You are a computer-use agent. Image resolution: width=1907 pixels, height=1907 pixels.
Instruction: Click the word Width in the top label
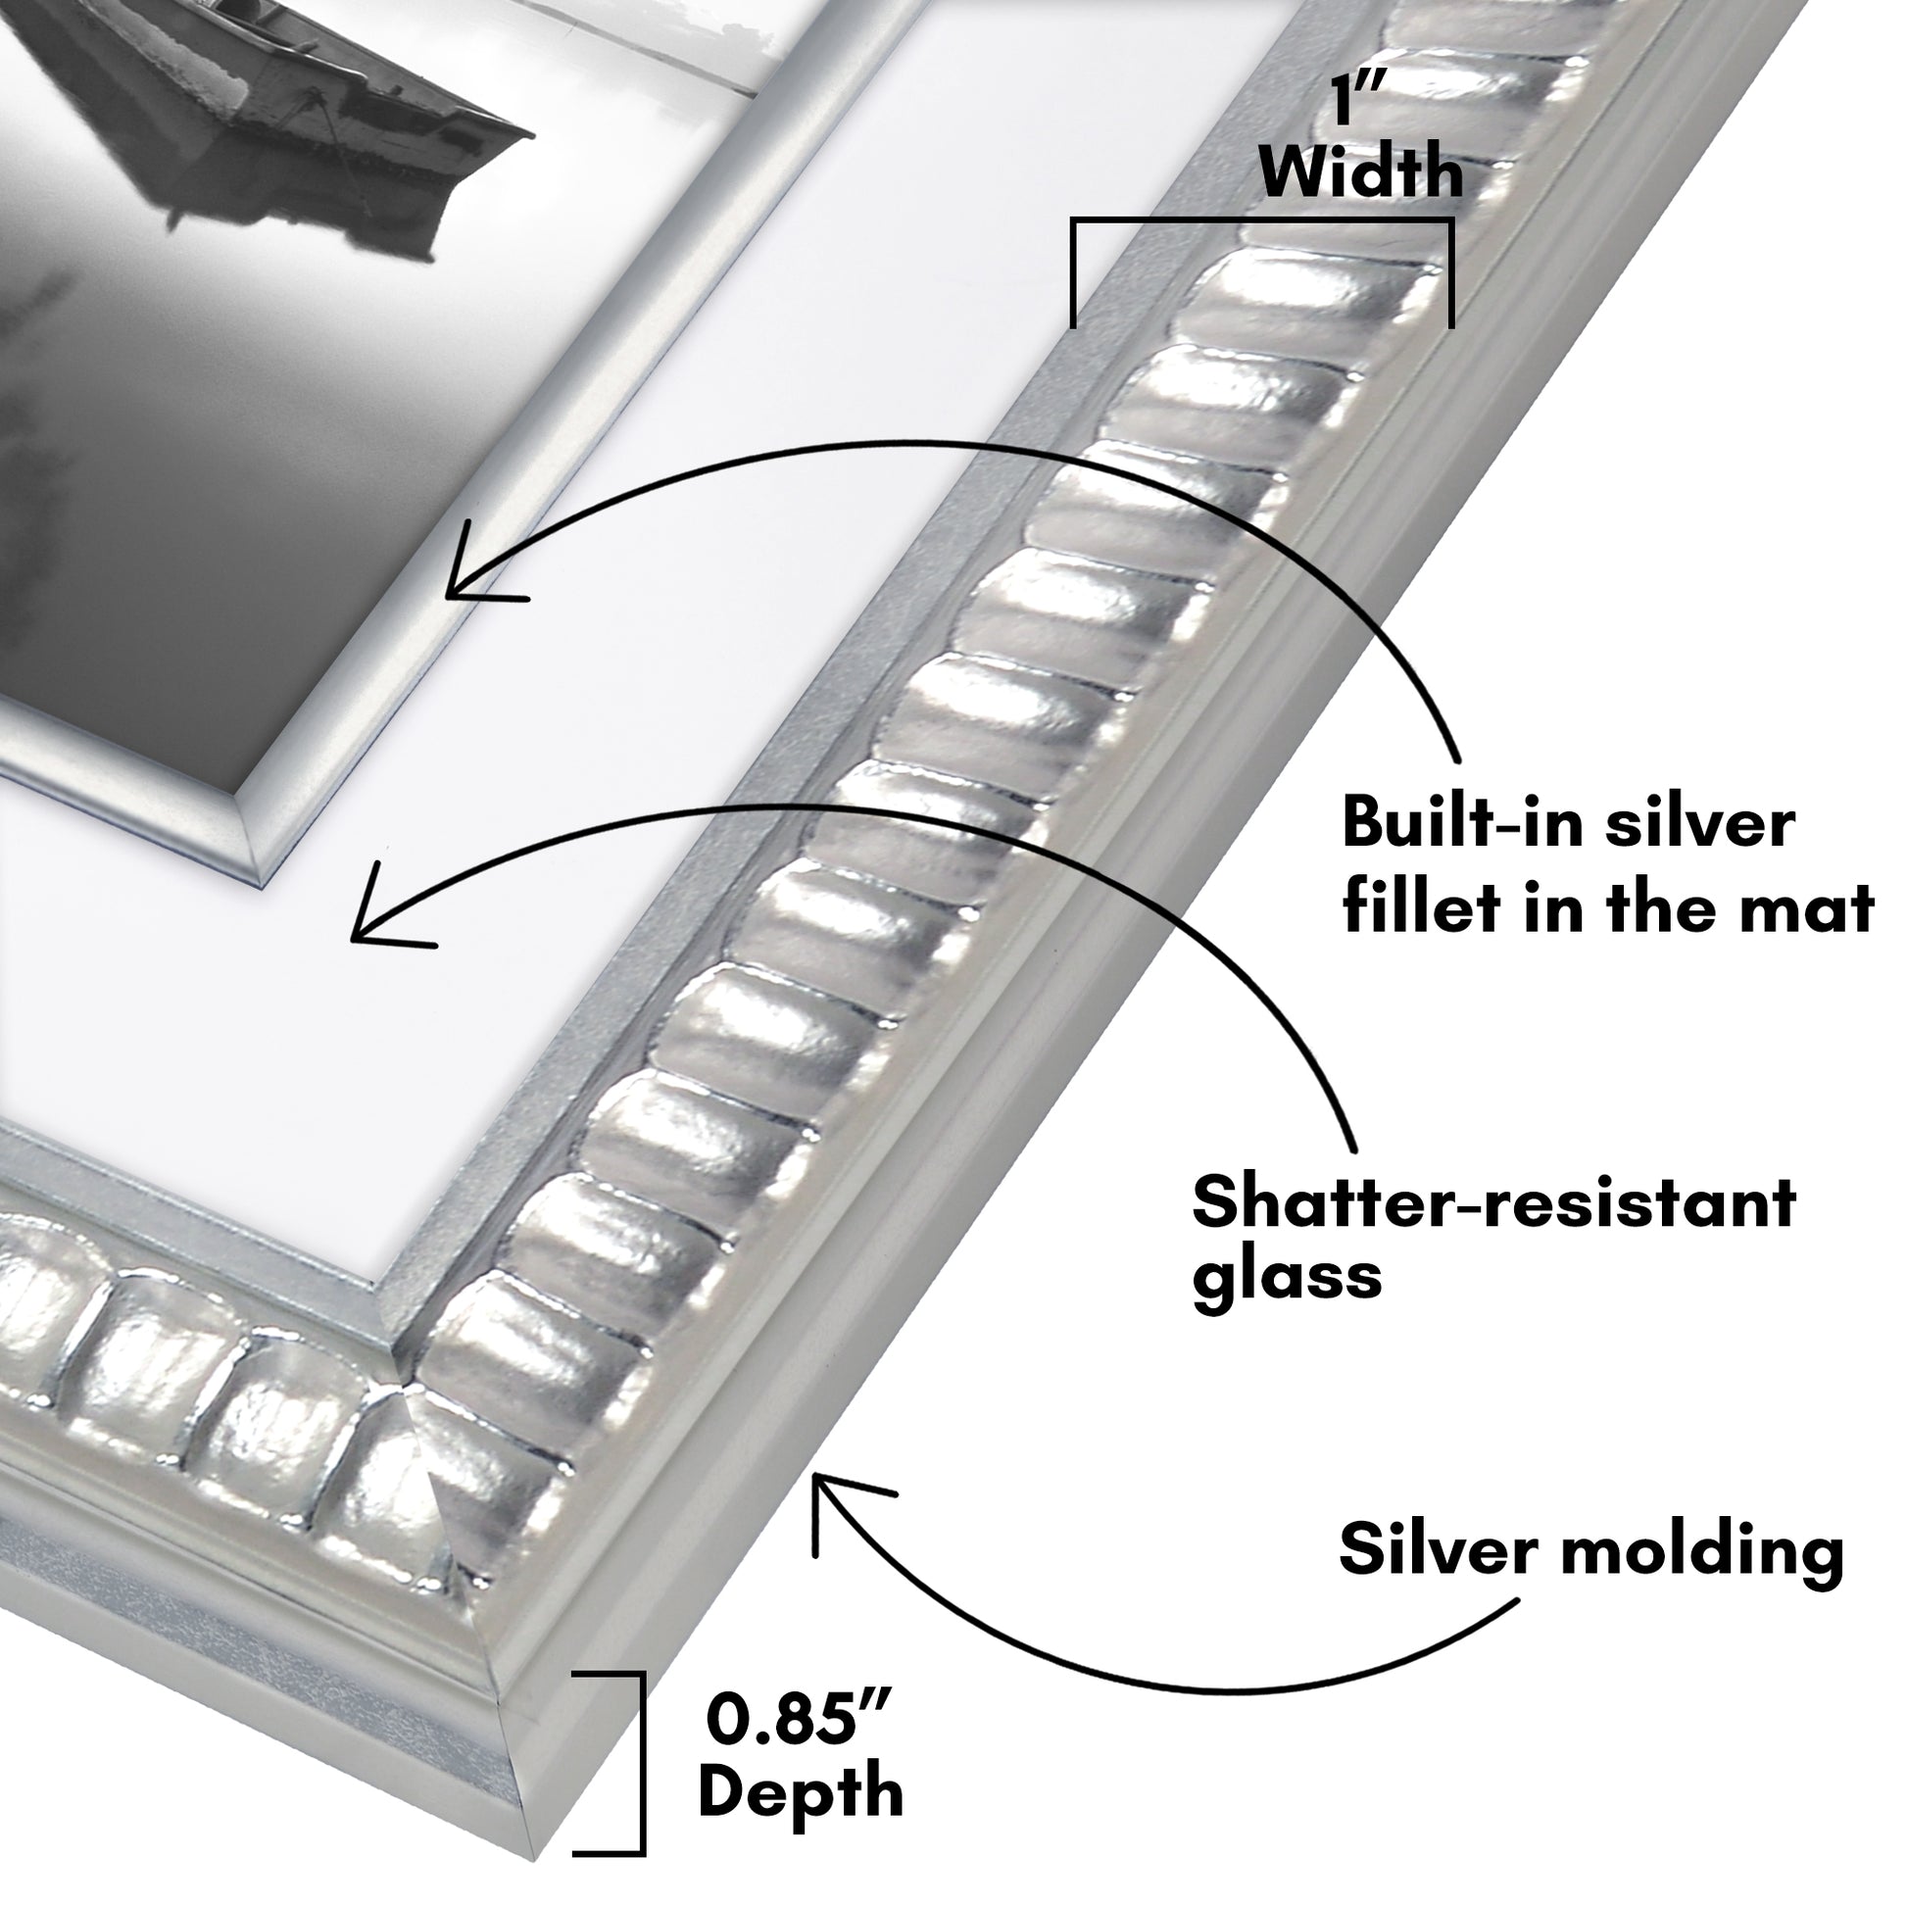[x=1361, y=173]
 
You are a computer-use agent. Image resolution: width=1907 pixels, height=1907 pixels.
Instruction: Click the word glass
[x=1286, y=1279]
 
